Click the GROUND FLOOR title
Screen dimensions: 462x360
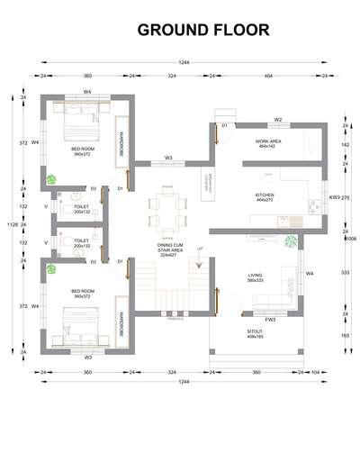tap(202, 30)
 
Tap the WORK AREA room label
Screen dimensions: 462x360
tap(268, 142)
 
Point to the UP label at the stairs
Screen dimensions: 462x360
tap(200, 249)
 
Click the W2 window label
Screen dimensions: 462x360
tap(278, 119)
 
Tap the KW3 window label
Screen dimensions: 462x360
tap(334, 197)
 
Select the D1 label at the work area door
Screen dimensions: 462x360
tap(225, 126)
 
